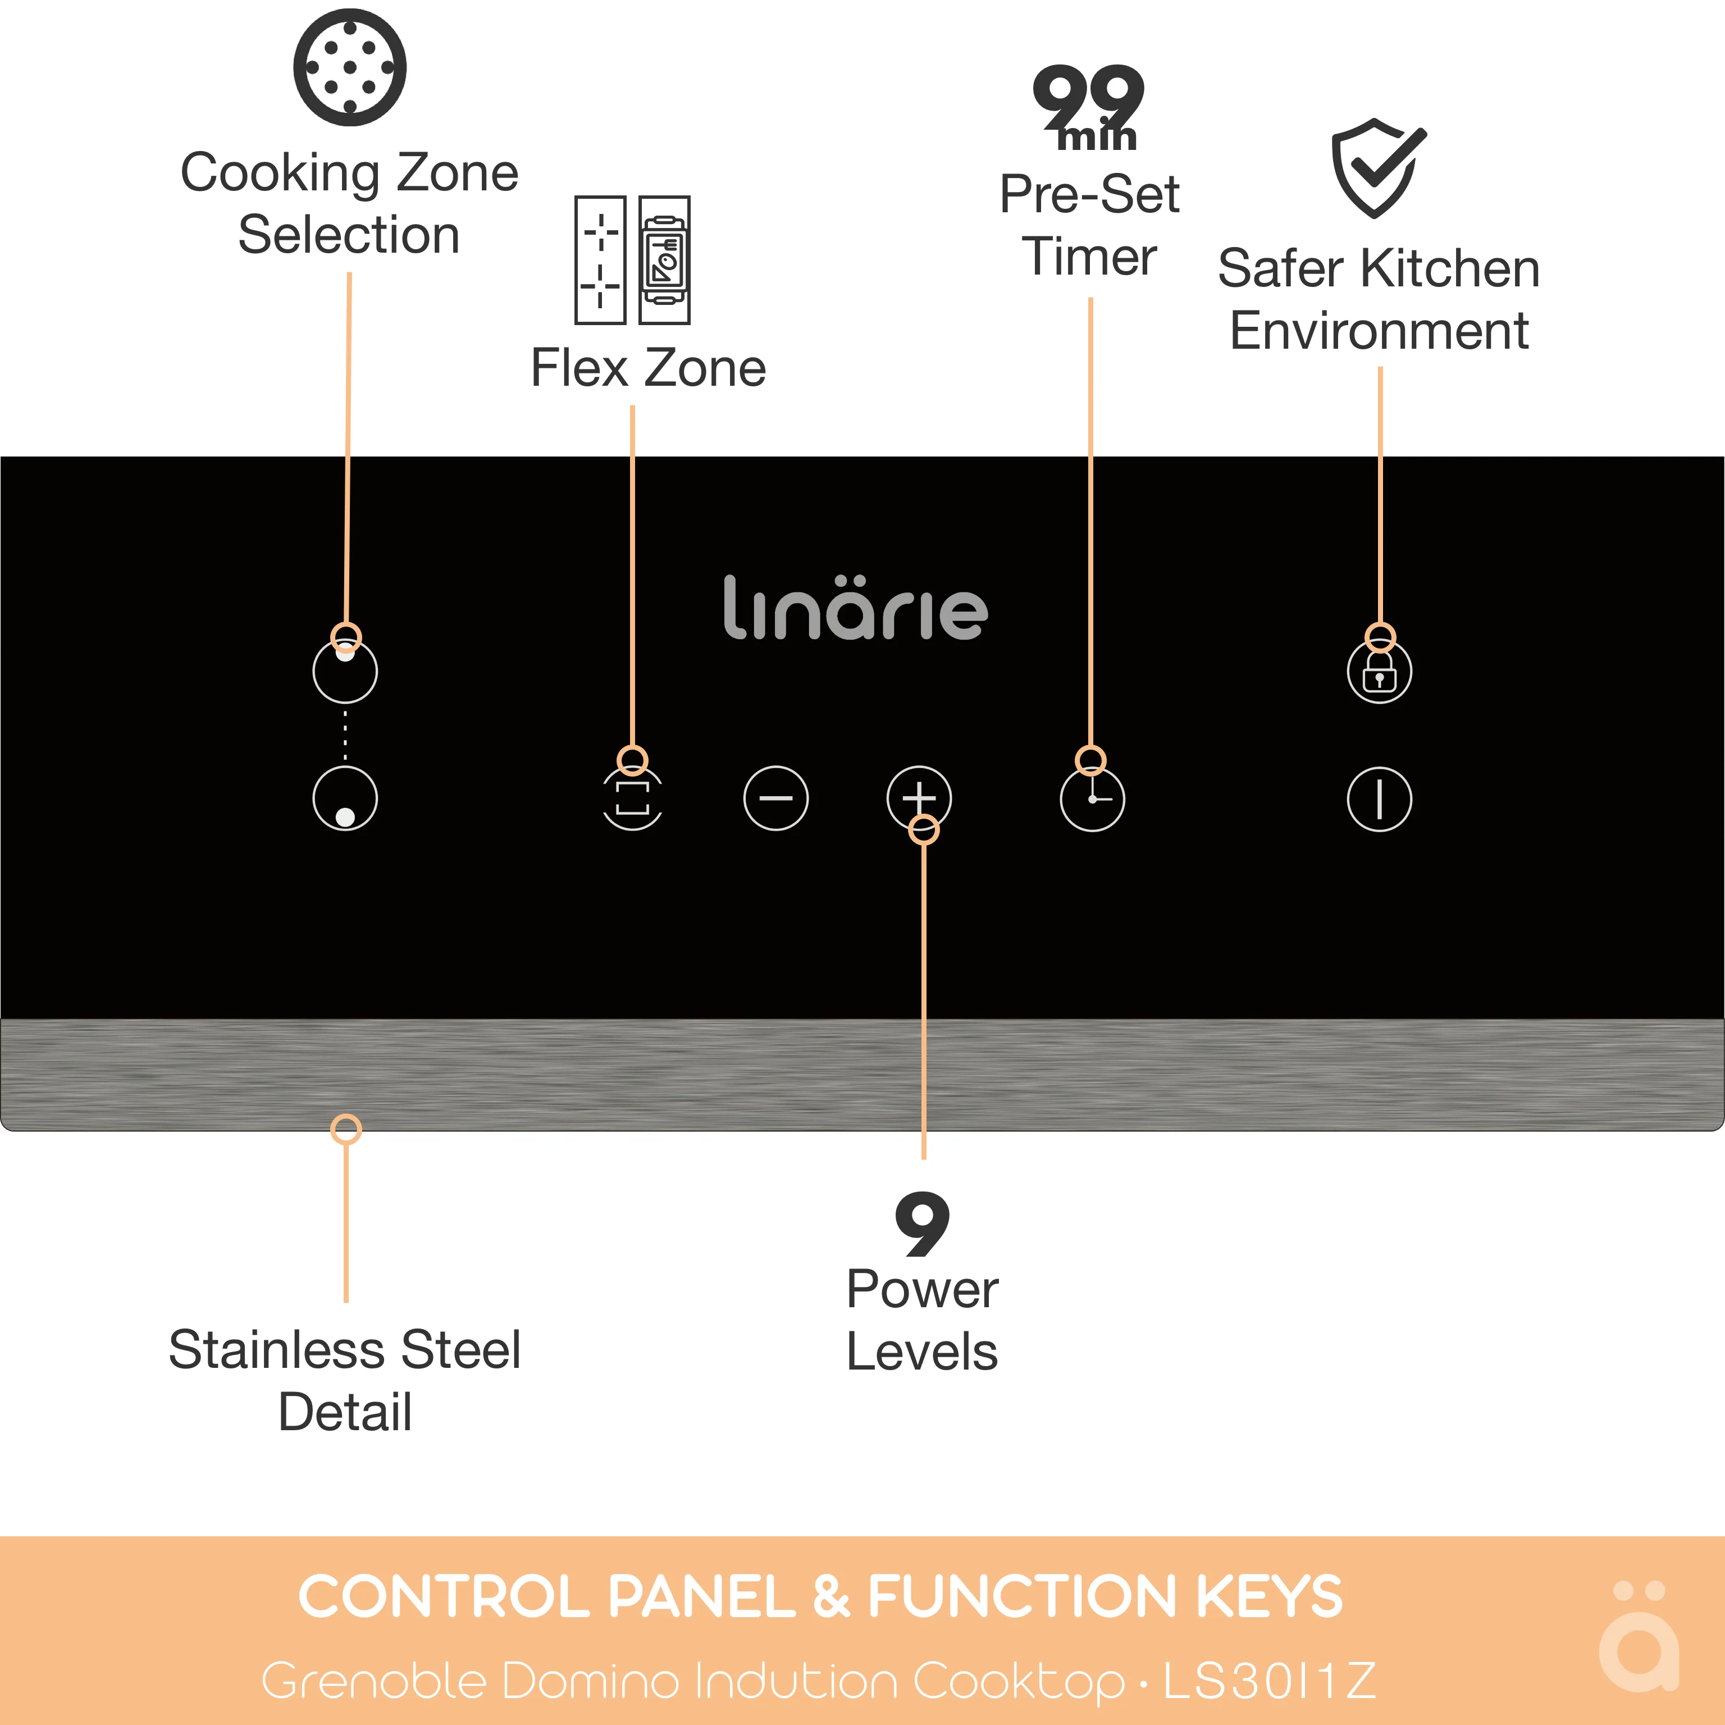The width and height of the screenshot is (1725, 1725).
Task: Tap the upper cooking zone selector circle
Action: pos(345,672)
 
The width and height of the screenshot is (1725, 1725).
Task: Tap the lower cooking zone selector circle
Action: pos(345,798)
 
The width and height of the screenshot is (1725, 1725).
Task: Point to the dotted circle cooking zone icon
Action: pos(349,67)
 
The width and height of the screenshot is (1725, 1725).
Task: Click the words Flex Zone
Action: pos(648,368)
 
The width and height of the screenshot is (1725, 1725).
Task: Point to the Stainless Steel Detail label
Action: pos(345,1380)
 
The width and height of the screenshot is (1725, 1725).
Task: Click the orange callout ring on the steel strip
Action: pos(345,1129)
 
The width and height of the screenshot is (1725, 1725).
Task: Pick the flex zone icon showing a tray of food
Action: pos(664,260)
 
